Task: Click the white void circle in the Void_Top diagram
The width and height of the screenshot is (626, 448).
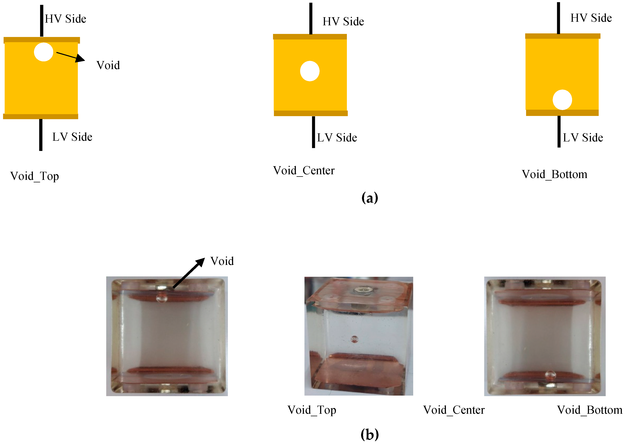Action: tap(44, 52)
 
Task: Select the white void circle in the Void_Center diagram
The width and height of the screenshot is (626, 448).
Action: tap(310, 71)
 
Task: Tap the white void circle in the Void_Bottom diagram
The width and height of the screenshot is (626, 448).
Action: tap(562, 99)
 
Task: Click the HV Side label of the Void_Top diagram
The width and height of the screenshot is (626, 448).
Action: tap(65, 19)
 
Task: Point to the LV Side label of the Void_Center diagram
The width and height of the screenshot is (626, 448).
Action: tap(337, 137)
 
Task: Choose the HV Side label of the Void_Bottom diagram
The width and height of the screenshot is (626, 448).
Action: tap(591, 18)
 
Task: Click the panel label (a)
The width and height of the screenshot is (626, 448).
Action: tap(370, 198)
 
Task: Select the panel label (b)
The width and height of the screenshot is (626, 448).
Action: tap(370, 435)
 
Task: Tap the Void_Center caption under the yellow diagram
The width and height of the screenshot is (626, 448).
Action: tap(304, 170)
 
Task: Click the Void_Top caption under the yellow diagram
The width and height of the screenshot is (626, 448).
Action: tap(35, 176)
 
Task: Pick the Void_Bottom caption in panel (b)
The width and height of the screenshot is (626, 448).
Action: tap(590, 410)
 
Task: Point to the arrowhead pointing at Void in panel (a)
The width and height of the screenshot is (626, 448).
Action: tap(80, 59)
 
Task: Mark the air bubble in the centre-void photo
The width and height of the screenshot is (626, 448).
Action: tap(354, 339)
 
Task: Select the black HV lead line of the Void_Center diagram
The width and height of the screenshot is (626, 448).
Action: tap(311, 18)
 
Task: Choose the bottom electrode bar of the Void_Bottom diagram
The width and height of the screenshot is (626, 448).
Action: tap(562, 113)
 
